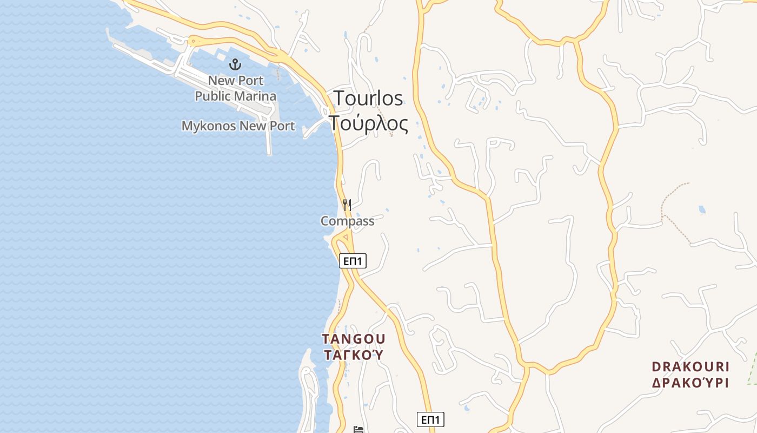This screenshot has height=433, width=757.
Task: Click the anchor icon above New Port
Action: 235,65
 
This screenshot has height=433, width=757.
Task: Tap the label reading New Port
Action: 236,81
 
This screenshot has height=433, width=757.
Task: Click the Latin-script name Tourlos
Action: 368,98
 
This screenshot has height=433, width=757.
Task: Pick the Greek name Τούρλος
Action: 368,123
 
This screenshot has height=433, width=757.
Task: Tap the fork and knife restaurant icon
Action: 347,205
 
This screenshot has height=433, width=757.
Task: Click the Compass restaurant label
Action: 347,221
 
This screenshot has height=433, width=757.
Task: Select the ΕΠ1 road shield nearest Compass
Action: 353,261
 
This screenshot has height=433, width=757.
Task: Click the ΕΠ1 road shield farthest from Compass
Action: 430,419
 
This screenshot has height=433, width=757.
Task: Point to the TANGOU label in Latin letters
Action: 354,339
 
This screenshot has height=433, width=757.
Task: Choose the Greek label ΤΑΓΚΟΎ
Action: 354,355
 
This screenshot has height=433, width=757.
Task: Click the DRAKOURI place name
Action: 691,366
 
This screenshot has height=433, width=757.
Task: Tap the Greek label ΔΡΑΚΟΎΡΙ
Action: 691,382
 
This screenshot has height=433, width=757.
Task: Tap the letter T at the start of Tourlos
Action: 339,98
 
